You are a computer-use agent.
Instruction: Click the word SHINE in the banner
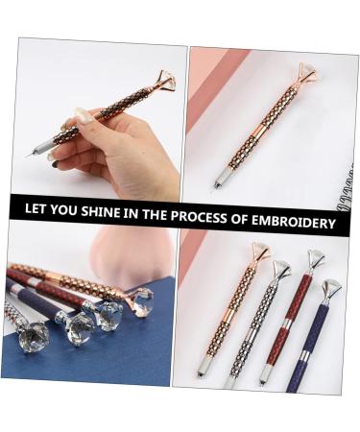[x=99, y=211]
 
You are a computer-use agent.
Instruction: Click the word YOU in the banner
[x=64, y=209]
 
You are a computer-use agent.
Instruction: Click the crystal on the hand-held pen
[x=164, y=81]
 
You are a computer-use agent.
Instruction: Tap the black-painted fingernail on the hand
[x=59, y=164]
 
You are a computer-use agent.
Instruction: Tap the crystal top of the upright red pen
[x=316, y=258]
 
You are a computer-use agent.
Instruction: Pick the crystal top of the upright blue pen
[x=331, y=288]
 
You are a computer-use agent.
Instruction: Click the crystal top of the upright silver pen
[x=281, y=270]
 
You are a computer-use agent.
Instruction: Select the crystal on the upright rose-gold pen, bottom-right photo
[x=260, y=253]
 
